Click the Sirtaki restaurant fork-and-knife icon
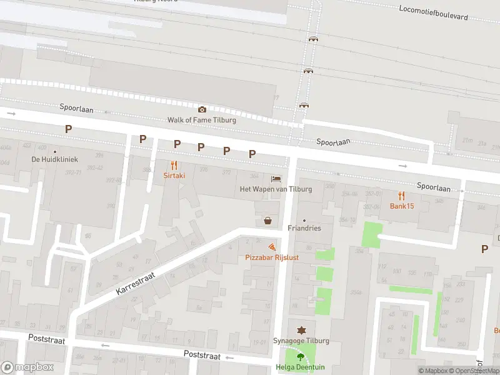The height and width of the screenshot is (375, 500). coord(174,166)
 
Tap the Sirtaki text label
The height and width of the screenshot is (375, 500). coord(174,176)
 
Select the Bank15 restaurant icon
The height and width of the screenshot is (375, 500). coord(402,196)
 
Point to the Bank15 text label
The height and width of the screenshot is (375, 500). coord(402,206)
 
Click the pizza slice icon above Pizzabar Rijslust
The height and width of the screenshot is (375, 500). coord(271,247)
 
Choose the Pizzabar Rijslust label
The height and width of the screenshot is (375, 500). coord(271,257)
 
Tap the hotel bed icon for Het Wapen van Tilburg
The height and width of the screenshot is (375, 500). coord(276,178)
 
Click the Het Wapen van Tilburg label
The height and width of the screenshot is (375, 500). coord(276,189)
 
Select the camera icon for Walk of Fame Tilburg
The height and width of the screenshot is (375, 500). coord(202,109)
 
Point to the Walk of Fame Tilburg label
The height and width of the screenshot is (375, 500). coord(202,120)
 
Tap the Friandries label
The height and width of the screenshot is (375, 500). coord(304,228)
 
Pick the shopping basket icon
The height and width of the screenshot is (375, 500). coord(268,220)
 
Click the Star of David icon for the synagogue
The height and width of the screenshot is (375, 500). coord(301,329)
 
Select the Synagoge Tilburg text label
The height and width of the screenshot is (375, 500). coord(301,341)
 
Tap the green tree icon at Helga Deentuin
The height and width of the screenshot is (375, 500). coord(301,357)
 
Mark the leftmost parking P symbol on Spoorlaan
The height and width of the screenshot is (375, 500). coord(69,129)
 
